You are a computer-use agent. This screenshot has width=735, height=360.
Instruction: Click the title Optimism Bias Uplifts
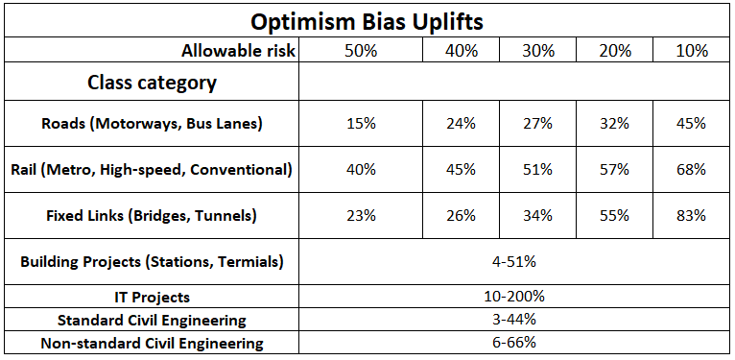367,21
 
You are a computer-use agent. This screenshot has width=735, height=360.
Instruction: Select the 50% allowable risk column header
361,51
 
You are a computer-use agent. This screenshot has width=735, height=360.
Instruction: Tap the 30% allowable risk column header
538,51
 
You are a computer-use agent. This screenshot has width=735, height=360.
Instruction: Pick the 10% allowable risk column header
692,51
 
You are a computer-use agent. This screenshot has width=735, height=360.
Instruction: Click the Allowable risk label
239,51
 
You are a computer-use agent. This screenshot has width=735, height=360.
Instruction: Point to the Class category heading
152,83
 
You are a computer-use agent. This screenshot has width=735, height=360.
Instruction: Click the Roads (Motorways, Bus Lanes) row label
152,124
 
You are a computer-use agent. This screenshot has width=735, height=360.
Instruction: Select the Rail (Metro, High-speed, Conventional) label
152,170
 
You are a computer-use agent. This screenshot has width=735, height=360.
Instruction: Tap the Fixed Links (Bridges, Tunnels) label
152,216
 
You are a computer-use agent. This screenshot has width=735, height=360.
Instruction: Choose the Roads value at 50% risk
362,124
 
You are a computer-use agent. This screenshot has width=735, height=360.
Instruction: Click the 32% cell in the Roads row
614,124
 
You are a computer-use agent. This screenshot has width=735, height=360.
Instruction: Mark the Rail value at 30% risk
537,170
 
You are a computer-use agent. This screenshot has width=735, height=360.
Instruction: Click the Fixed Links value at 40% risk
461,216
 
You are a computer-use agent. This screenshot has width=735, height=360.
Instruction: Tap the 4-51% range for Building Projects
513,261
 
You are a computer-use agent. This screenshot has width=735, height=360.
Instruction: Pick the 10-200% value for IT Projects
513,297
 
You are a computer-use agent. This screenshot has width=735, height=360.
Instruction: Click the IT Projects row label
152,298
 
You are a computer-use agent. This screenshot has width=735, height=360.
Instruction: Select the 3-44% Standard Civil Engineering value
513,320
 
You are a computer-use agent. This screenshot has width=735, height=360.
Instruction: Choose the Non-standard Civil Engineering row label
152,344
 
